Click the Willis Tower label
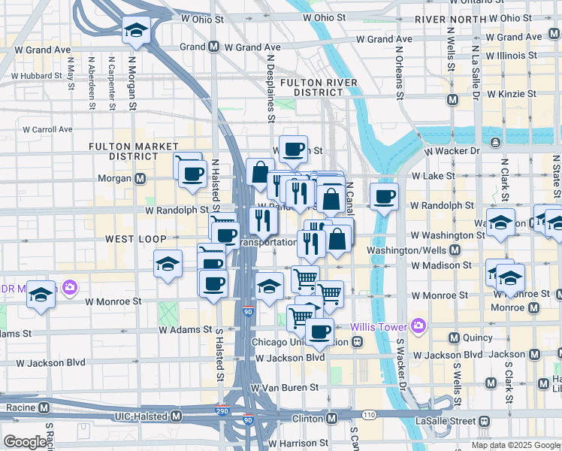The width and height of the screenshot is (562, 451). [x=379, y=327]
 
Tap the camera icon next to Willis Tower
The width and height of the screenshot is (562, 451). [x=418, y=326]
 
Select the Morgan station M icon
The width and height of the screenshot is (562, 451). [x=140, y=179]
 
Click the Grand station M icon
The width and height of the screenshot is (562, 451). [x=214, y=47]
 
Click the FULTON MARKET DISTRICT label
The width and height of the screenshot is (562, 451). [x=134, y=151]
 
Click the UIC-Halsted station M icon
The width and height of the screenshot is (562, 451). [x=177, y=416]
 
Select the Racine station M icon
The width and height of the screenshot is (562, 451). [x=44, y=408]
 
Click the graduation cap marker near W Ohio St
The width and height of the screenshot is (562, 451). [x=136, y=31]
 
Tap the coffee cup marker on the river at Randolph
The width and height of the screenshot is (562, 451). [x=384, y=197]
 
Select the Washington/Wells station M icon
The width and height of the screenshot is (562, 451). [x=454, y=250]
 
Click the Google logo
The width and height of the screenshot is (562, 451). [x=26, y=442]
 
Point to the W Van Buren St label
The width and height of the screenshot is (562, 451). [x=285, y=388]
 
